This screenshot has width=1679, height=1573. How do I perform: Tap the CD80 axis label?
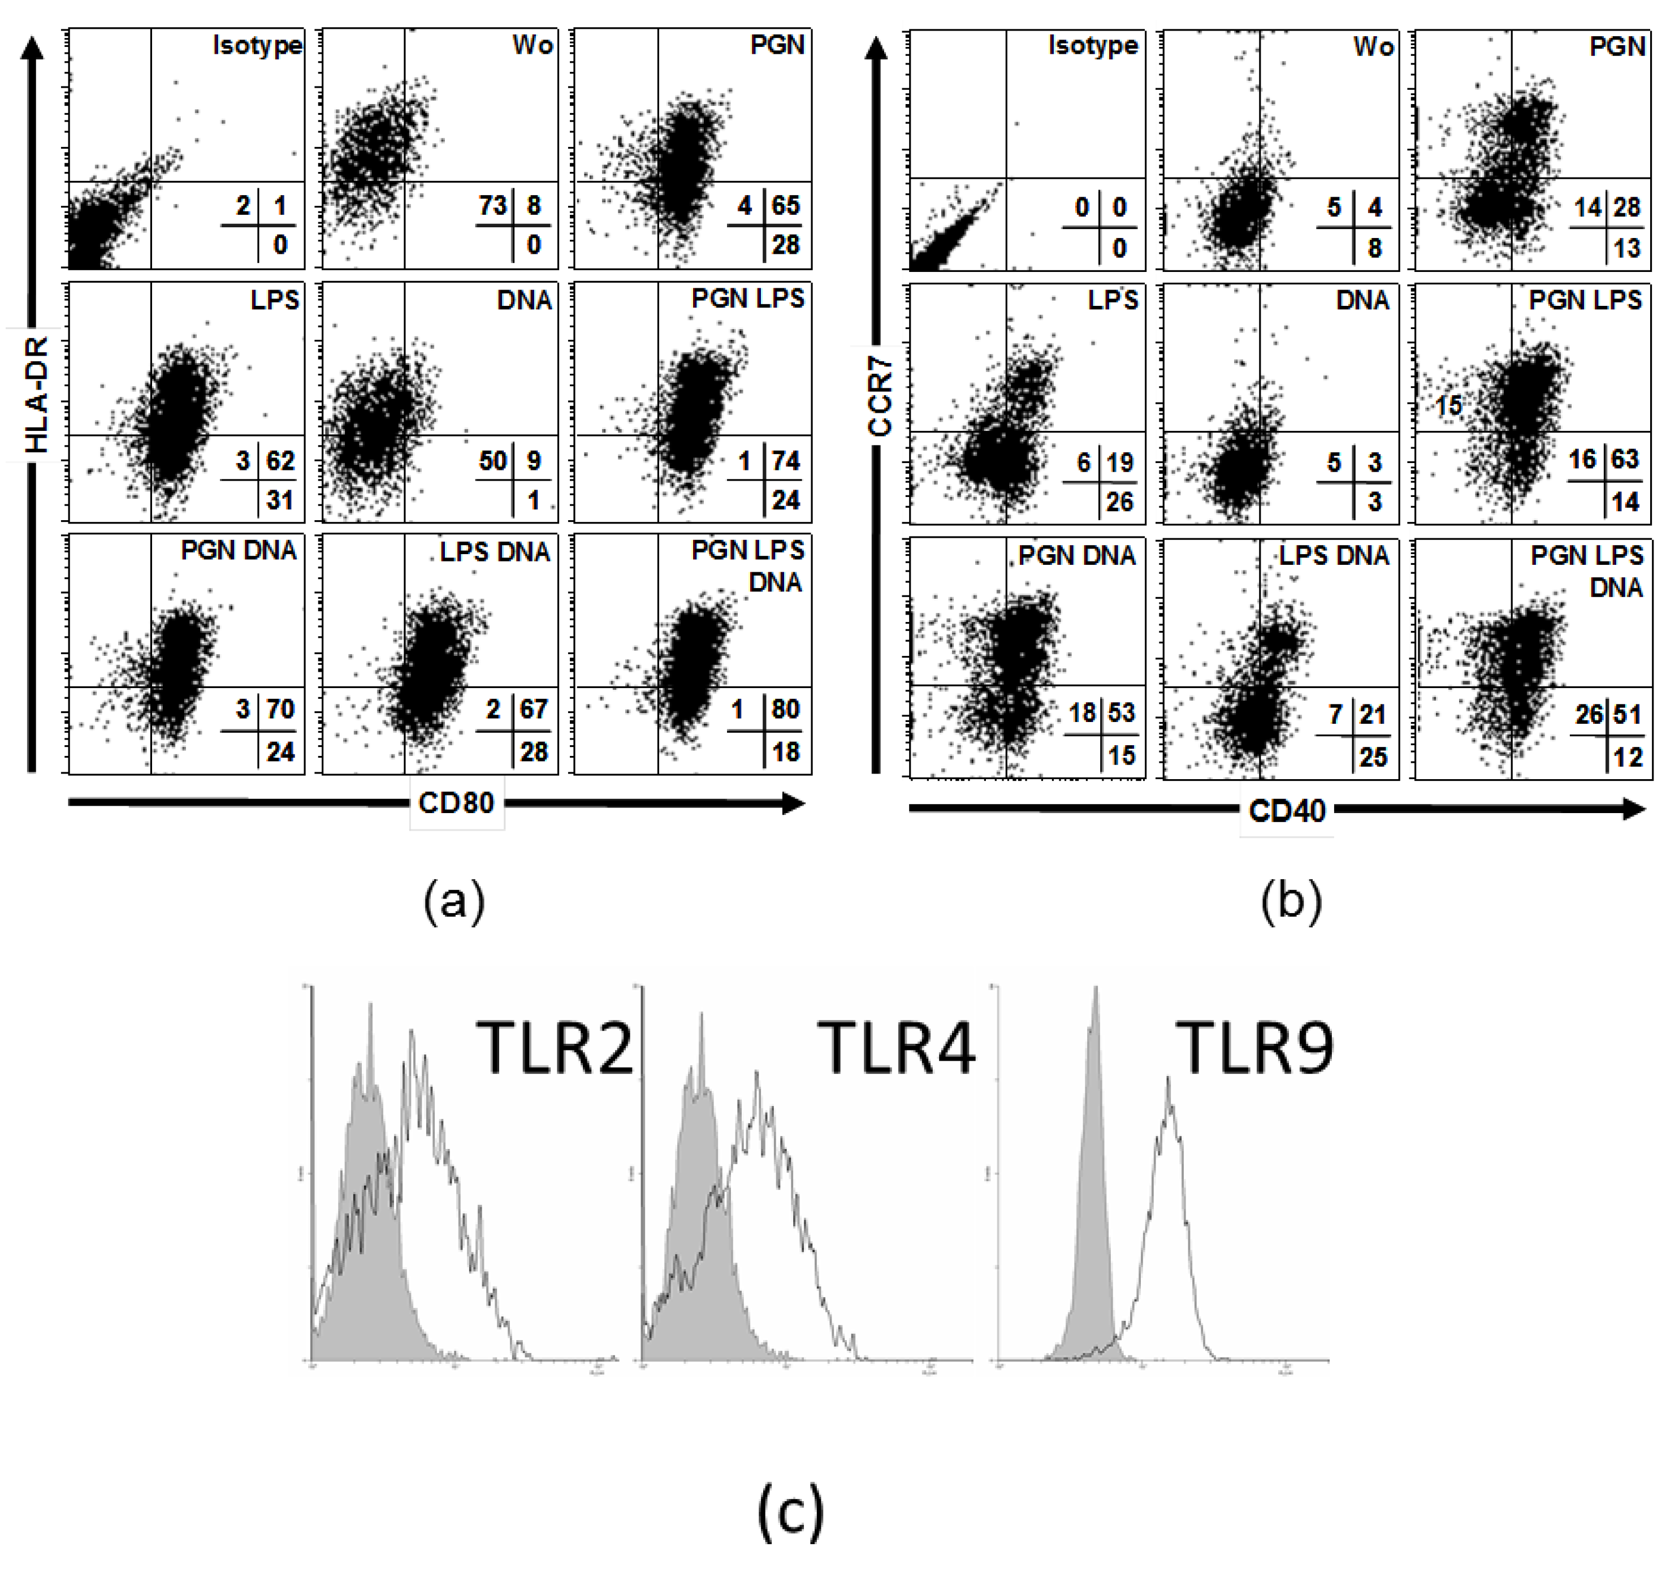coord(456,802)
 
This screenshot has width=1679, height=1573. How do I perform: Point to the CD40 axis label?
coord(1286,811)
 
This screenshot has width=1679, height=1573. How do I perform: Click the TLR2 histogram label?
coord(554,1048)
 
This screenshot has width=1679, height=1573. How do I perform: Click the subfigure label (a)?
coord(455,901)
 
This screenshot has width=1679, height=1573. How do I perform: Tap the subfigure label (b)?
coord(1291,901)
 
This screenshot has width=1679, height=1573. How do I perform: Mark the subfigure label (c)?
coord(790,1511)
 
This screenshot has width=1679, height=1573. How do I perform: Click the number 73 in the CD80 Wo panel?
coord(492,205)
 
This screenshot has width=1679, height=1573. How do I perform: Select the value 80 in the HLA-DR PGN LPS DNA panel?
coord(785,709)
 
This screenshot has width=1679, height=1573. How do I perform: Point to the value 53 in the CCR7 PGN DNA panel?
coord(1122,712)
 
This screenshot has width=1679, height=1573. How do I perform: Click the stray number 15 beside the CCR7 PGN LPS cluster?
coord(1448,405)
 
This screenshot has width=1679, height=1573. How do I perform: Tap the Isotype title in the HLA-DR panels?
coord(257,45)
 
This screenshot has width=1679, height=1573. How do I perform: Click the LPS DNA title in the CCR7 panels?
coord(1334,555)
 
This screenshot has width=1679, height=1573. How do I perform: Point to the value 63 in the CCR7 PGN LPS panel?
coord(1625,460)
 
